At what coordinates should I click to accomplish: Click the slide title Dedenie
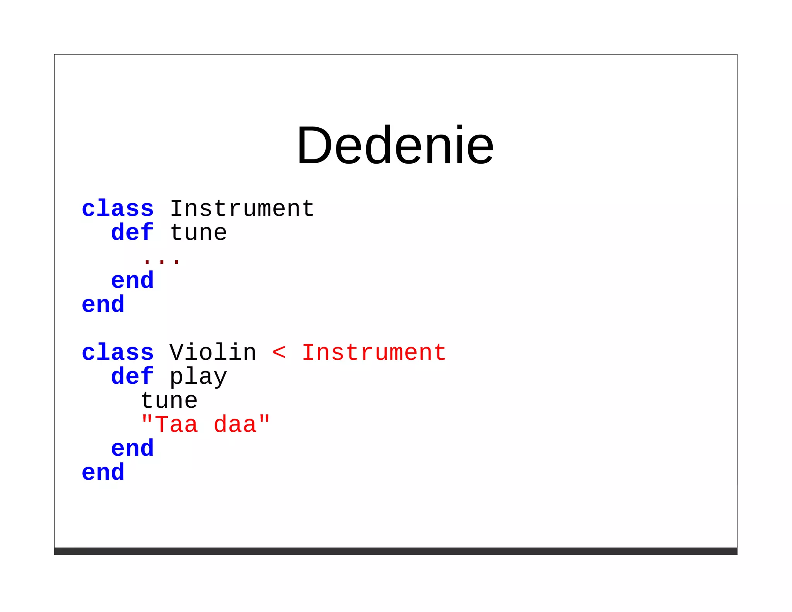point(395,145)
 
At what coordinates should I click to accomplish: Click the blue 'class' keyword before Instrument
point(118,209)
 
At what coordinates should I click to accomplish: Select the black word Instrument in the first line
point(242,209)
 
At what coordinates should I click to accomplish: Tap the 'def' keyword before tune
point(132,232)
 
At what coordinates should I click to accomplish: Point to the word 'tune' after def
point(198,233)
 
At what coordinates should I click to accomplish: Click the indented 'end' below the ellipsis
point(132,280)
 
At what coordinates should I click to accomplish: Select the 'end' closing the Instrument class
point(103,304)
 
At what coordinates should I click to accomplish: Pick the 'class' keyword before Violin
point(118,353)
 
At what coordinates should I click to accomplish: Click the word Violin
point(213,353)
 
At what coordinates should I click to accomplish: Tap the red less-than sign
point(279,353)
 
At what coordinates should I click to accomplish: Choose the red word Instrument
point(374,353)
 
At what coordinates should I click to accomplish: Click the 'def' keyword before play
point(132,376)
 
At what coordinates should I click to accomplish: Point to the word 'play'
point(198,377)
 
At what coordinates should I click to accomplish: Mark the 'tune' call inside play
point(169,401)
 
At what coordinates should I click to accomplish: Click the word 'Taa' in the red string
point(176,425)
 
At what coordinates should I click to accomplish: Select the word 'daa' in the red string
point(235,425)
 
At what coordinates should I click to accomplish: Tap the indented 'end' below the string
point(132,449)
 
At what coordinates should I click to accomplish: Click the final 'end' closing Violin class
point(103,472)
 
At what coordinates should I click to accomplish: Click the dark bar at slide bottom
point(395,551)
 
